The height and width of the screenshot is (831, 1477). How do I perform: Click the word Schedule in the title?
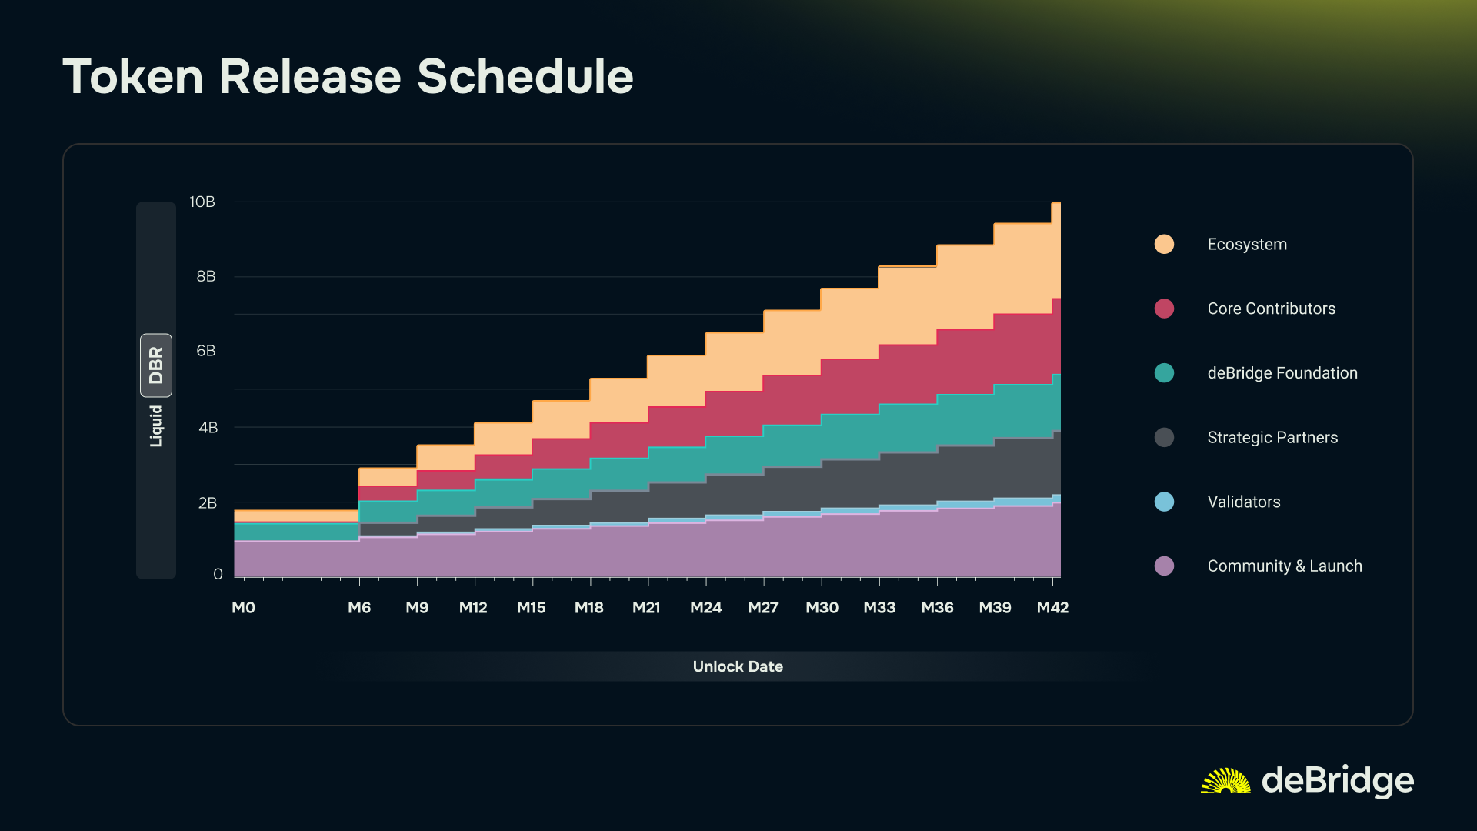(x=525, y=77)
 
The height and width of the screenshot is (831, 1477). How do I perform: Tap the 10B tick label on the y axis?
(x=202, y=202)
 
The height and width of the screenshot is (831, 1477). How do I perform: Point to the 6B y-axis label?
(x=206, y=351)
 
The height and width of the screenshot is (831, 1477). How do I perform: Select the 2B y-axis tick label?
(x=208, y=503)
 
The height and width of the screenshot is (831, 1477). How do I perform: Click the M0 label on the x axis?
(x=243, y=608)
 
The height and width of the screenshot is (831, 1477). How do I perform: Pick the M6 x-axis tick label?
(x=359, y=608)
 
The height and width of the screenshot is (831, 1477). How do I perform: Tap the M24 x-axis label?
(x=705, y=608)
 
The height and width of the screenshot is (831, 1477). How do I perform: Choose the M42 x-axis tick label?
(x=1052, y=608)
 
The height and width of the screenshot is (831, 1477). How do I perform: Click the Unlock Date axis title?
(x=738, y=666)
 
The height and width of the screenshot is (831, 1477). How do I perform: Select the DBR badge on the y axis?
(x=156, y=365)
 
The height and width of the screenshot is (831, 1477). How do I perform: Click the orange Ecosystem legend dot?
(x=1164, y=245)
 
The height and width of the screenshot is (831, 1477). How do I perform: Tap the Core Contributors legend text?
(x=1271, y=309)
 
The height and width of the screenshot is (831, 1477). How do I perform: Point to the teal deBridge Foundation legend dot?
(x=1164, y=373)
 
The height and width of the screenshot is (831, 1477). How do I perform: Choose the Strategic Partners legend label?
(x=1272, y=438)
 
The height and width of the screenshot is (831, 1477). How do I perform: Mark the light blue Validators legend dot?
(x=1164, y=502)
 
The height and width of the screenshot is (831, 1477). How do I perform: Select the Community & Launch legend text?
(x=1285, y=566)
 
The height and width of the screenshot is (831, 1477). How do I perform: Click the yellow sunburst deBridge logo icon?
(x=1225, y=781)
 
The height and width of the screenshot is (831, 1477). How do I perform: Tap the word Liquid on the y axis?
(x=156, y=426)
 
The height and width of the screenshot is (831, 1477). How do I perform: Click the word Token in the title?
(x=133, y=77)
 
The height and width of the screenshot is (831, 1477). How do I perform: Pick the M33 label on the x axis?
(x=879, y=608)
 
